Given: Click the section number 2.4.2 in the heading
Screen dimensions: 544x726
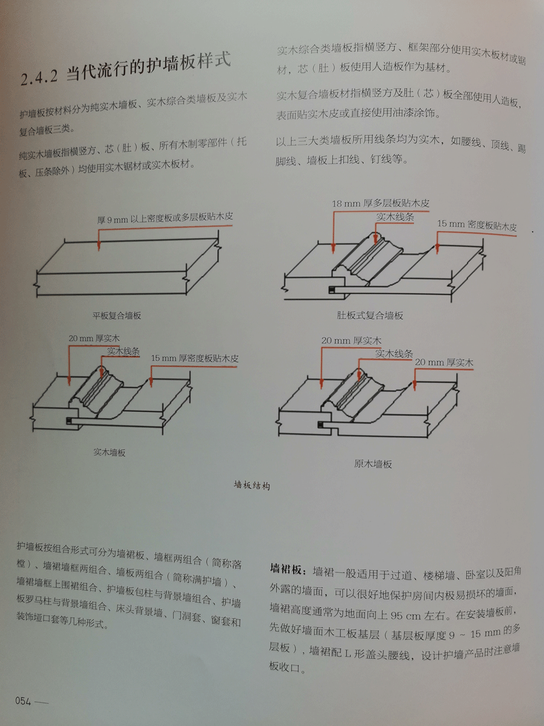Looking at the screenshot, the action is [x=39, y=77].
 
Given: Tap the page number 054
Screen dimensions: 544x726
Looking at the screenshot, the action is [x=23, y=701].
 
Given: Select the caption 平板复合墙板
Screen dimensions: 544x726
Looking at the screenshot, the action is [x=117, y=315].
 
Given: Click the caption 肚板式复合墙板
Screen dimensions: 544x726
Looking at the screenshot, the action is [x=370, y=315].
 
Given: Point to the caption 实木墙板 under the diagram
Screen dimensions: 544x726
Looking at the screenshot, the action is [x=109, y=452].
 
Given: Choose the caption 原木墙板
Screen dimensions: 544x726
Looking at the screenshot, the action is [x=373, y=463].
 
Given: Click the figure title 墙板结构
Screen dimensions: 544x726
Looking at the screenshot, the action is [x=252, y=486].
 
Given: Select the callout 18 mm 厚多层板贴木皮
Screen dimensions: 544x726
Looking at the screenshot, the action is [x=381, y=203].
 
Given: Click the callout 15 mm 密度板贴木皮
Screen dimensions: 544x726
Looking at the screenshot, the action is [x=477, y=225].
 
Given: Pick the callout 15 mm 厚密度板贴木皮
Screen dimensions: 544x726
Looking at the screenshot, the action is [x=195, y=358].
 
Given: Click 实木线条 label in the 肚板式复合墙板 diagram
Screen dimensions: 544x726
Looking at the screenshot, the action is [x=395, y=217].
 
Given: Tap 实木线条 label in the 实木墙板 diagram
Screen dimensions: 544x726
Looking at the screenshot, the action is [x=123, y=352].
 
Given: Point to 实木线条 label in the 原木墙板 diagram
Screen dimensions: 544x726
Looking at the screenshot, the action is [x=394, y=353].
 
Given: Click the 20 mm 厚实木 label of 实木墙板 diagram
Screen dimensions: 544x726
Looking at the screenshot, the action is [x=94, y=338].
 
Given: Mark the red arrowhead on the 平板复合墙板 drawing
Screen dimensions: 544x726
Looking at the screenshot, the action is [x=99, y=246].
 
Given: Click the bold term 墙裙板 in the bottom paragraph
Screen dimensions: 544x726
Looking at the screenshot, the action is [x=286, y=569].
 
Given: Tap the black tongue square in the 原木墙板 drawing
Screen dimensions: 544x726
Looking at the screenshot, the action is [x=320, y=425].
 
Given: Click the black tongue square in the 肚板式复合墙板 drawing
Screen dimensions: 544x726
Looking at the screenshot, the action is [x=332, y=291].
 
